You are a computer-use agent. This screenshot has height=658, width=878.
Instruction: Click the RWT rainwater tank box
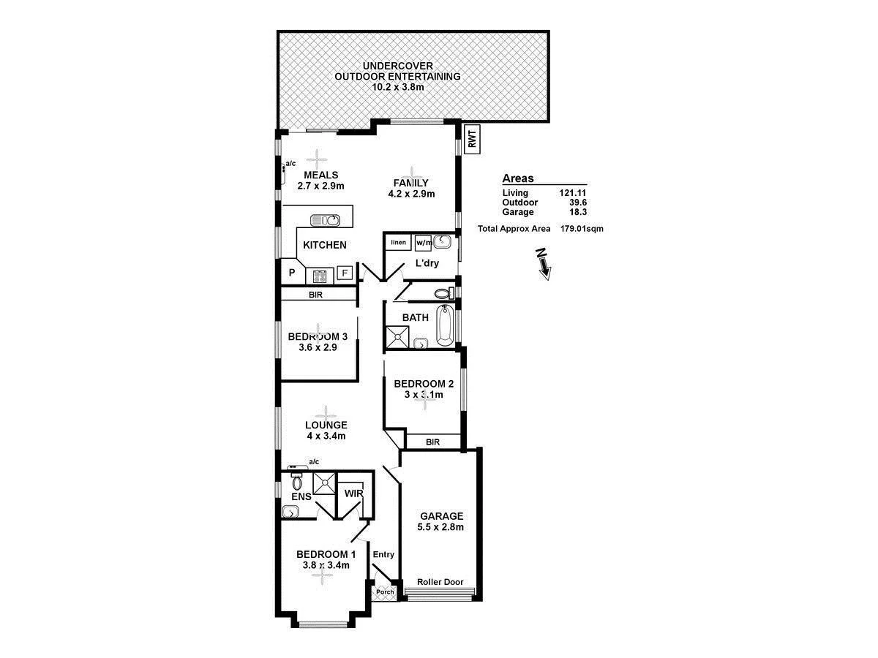473,140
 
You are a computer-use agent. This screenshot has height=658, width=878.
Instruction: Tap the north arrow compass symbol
543,262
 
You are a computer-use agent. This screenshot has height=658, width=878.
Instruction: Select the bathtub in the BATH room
445,326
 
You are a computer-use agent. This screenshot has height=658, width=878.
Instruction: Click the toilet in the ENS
297,481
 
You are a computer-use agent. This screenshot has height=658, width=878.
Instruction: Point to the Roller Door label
440,582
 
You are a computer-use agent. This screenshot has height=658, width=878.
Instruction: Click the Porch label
385,591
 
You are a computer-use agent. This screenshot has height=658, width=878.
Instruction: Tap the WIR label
353,494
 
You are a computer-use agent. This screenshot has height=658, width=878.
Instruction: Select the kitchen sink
326,219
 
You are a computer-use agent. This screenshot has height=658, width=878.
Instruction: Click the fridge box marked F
345,274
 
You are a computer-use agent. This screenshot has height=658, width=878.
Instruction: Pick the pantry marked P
291,273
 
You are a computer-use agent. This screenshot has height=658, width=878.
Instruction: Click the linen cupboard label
398,242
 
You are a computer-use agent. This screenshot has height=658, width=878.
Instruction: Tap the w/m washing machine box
424,242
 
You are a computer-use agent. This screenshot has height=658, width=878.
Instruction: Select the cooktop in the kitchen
320,276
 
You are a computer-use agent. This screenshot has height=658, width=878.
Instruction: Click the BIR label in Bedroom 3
316,295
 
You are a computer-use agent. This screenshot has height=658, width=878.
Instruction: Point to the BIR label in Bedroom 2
432,442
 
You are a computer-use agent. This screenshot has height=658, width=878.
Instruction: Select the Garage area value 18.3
577,212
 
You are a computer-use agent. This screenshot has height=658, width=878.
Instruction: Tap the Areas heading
517,178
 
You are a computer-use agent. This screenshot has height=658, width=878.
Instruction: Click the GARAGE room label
441,516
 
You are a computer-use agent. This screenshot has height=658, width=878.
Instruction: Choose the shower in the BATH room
398,337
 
